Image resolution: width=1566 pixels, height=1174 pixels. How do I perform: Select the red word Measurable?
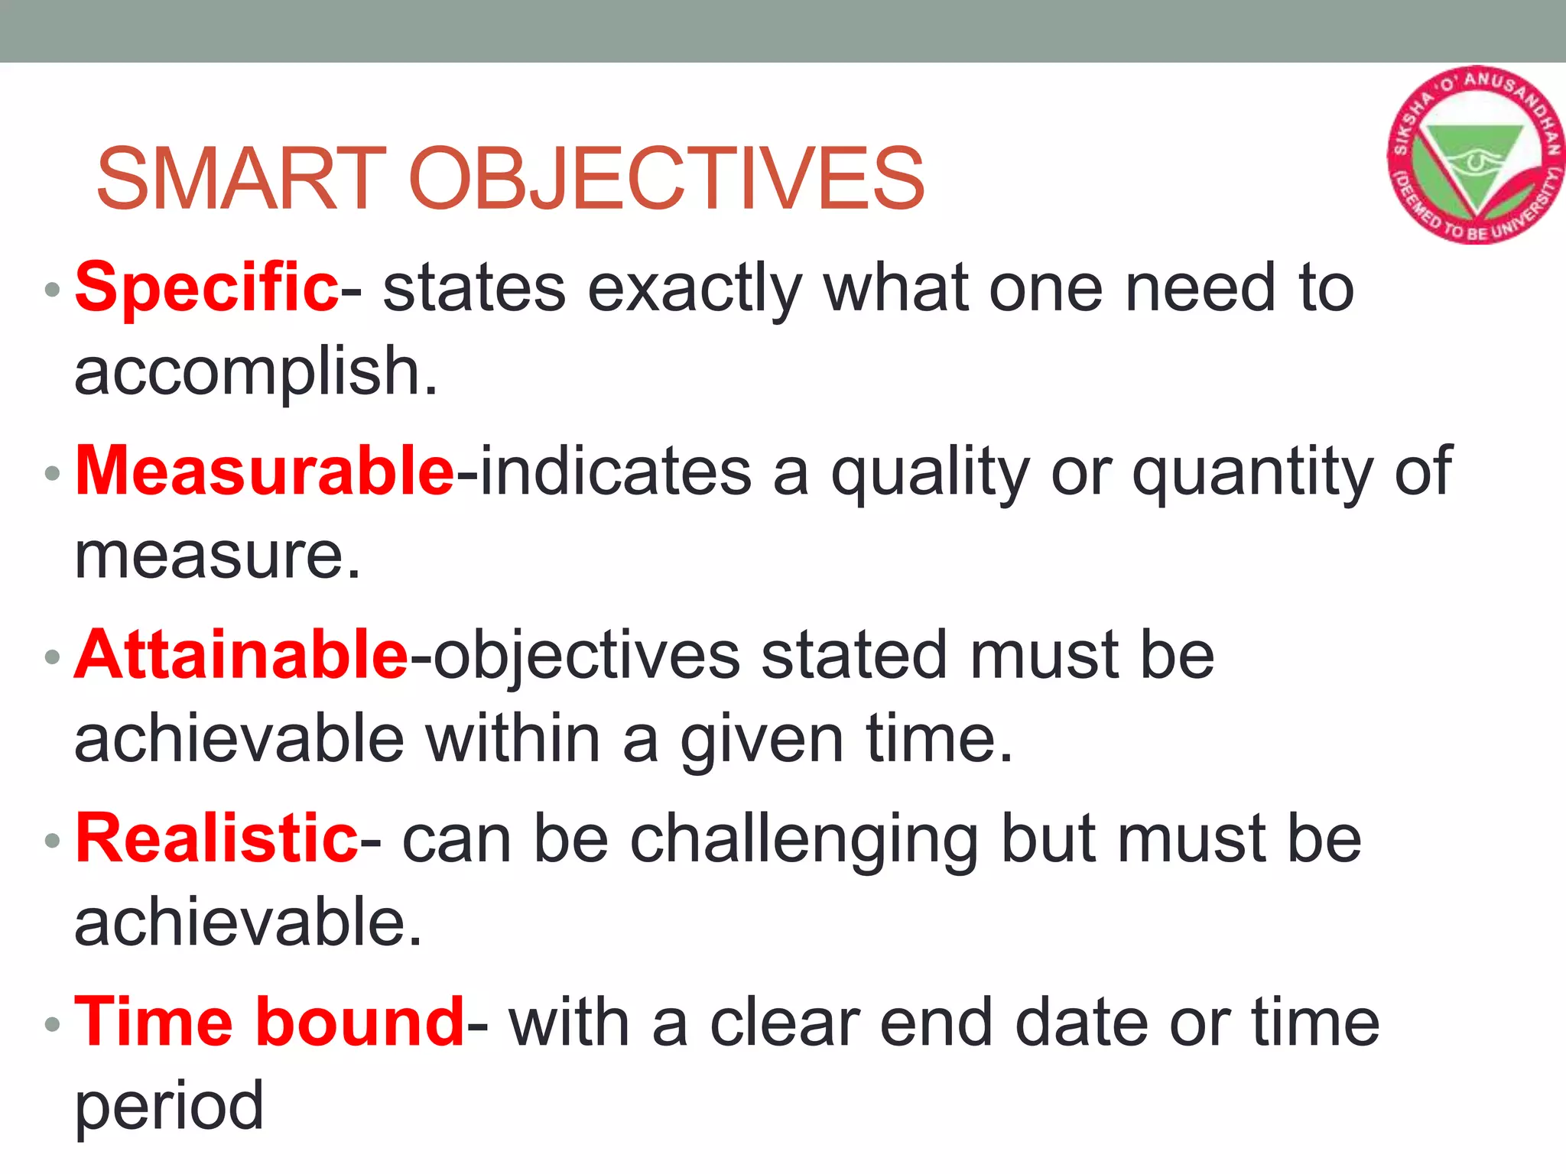pyautogui.click(x=265, y=471)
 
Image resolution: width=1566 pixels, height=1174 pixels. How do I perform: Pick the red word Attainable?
pyautogui.click(x=242, y=655)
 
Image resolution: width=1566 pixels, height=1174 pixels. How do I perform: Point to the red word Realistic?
pyautogui.click(x=216, y=838)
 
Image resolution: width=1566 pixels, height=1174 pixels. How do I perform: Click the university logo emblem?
pyautogui.click(x=1474, y=155)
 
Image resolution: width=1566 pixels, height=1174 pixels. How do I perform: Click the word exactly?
pyautogui.click(x=694, y=289)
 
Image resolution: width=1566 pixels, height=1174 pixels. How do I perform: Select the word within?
pyautogui.click(x=513, y=739)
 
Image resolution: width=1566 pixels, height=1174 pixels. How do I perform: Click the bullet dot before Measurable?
pyautogui.click(x=52, y=473)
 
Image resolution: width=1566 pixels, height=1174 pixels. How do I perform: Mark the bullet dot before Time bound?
pyautogui.click(x=52, y=1024)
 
